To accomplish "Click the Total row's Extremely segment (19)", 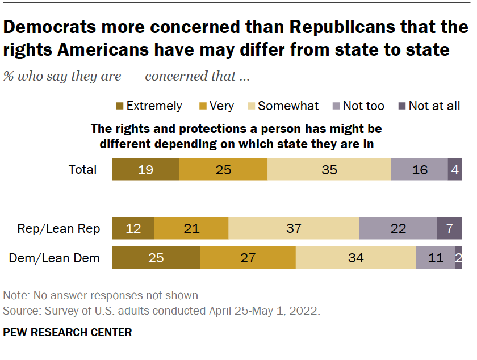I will tap(145, 169).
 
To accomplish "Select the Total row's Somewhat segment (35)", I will tap(329, 169).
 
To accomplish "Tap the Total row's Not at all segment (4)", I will tap(455, 169).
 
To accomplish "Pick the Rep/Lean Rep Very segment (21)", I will tap(191, 228).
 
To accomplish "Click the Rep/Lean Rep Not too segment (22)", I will tap(398, 228).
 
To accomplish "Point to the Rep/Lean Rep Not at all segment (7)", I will tap(449, 228).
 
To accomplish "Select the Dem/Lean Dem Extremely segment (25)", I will tap(156, 258).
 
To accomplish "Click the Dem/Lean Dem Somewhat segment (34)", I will tap(356, 258).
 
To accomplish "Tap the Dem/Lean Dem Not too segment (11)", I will tap(436, 258).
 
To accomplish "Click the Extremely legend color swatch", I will tap(119, 106).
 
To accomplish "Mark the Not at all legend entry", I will tap(429, 106).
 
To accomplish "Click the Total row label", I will tap(82, 169).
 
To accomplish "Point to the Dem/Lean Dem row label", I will tap(55, 258).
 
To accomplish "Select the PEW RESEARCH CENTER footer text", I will tap(68, 332).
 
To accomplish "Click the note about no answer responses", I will tap(102, 296).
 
